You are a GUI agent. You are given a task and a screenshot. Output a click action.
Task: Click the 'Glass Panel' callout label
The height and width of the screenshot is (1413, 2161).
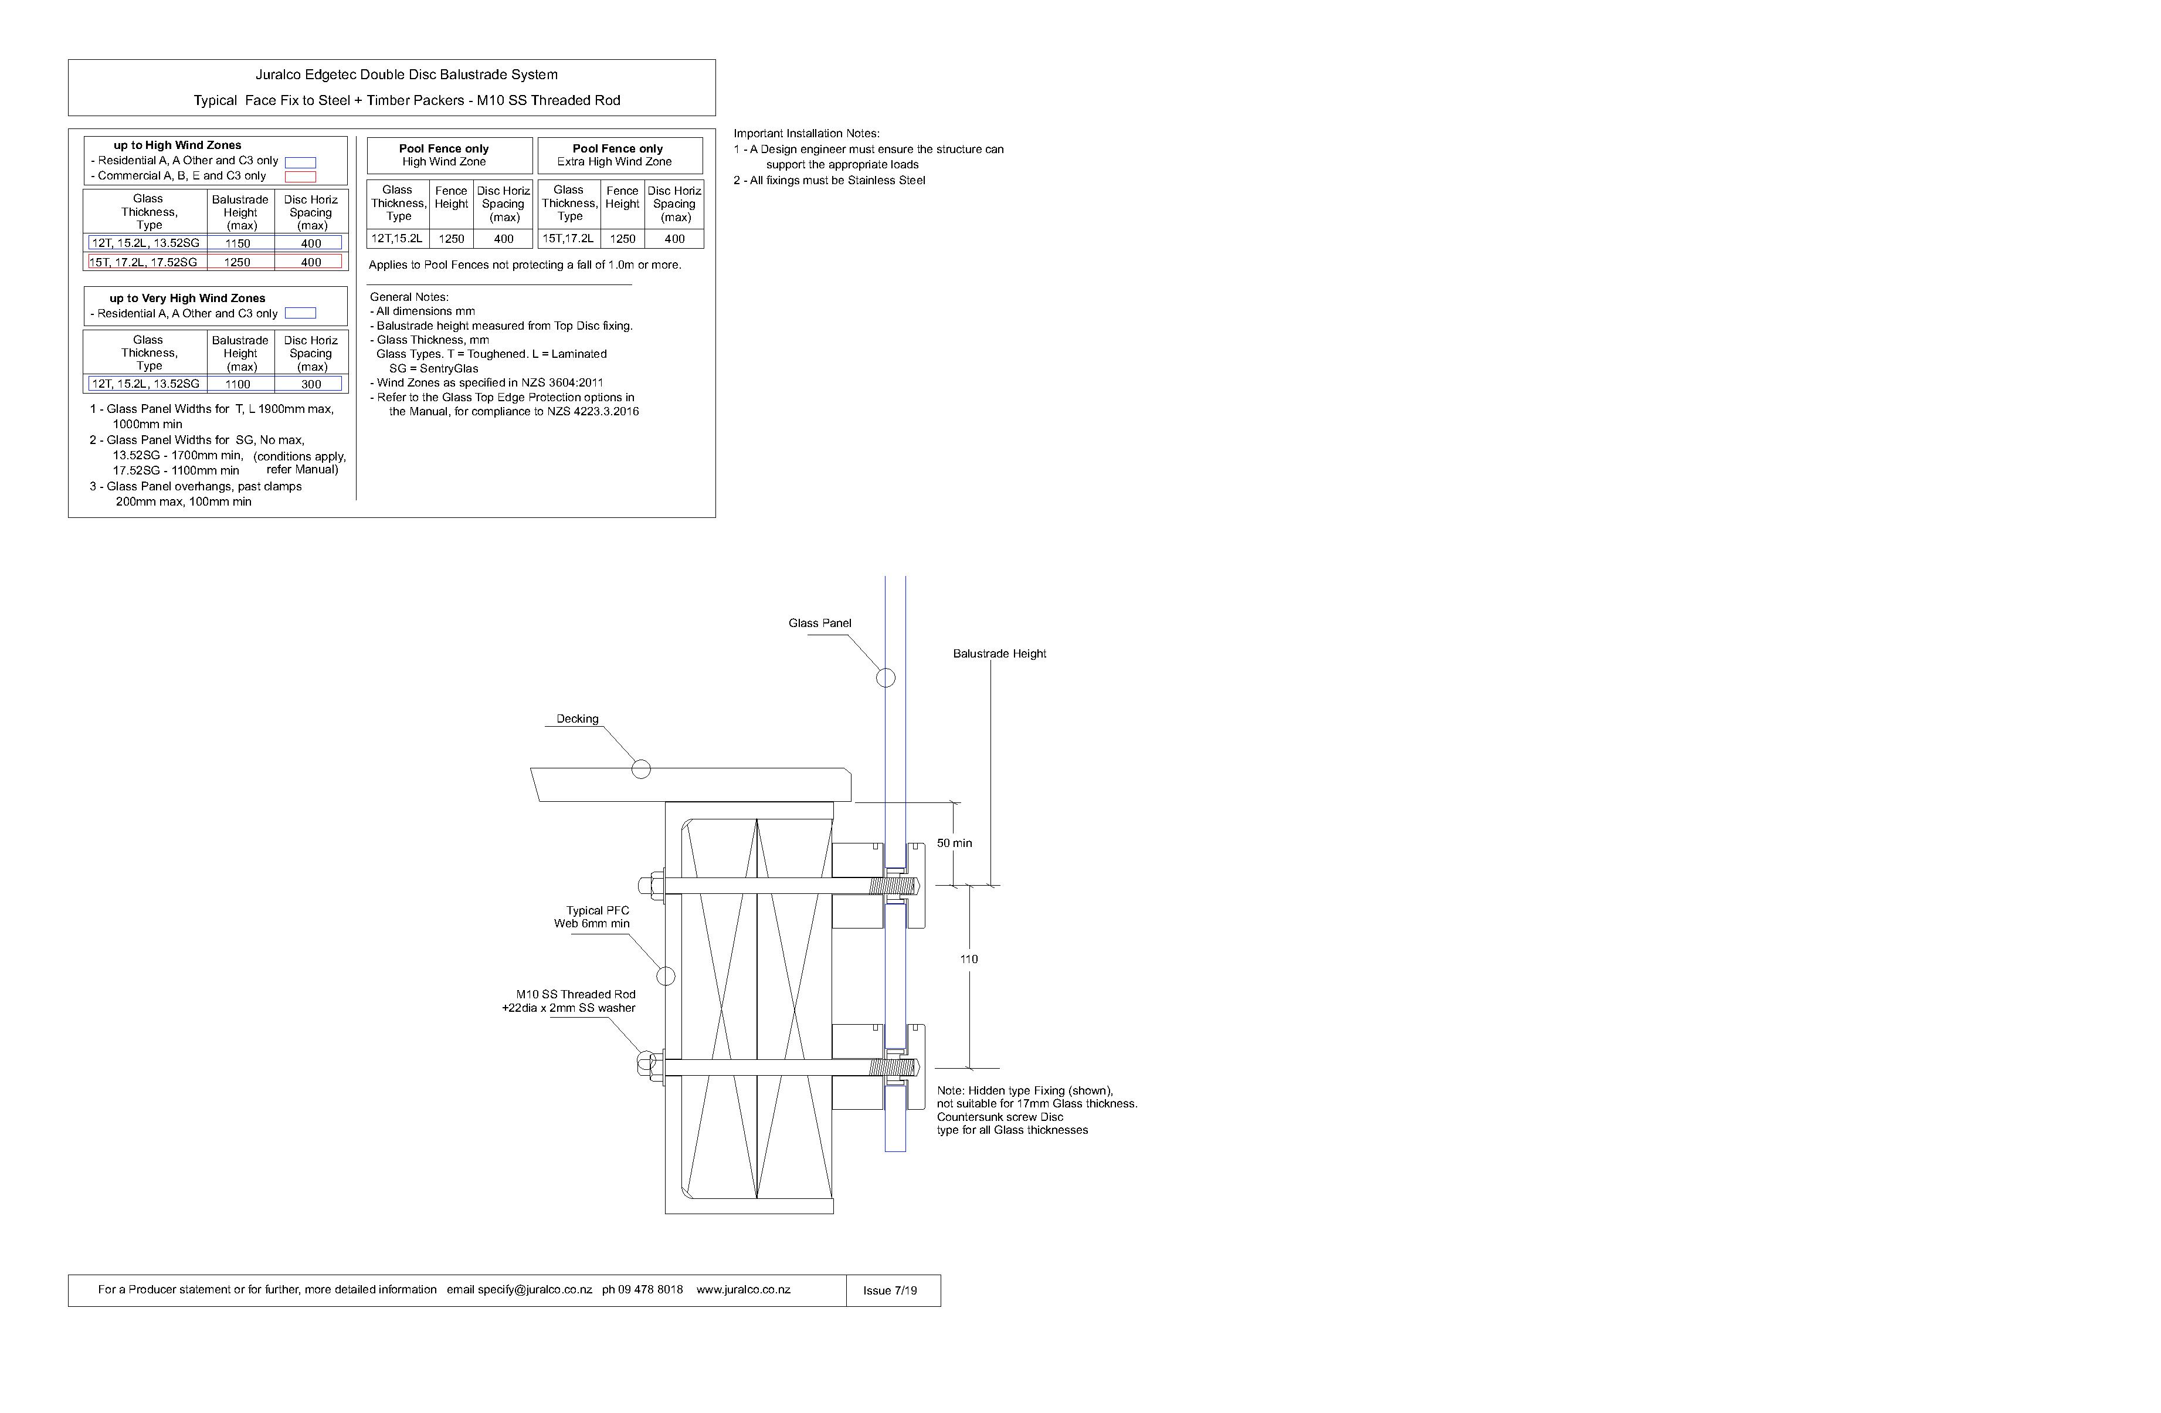819,623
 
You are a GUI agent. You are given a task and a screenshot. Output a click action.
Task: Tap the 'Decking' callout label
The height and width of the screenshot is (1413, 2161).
578,719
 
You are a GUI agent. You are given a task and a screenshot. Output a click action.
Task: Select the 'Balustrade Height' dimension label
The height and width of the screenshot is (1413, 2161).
999,654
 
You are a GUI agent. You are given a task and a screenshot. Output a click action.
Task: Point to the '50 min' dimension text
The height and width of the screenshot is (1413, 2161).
954,843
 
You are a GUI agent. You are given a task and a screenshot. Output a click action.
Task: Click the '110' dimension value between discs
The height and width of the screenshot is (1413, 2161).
969,959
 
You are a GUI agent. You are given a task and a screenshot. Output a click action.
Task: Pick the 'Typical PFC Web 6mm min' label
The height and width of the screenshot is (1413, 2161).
593,917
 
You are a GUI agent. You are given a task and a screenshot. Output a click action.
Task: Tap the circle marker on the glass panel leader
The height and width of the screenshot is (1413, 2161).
886,677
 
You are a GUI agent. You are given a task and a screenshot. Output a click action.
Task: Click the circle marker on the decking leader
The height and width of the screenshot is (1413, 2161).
641,769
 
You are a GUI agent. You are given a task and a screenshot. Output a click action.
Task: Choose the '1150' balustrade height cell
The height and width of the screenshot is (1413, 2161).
238,243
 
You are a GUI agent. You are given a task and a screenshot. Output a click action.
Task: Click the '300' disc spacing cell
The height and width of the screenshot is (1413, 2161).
311,384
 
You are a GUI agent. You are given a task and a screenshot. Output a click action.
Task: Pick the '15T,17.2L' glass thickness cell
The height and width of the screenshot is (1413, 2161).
568,239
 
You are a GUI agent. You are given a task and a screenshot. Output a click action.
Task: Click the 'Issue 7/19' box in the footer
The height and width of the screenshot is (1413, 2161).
891,1290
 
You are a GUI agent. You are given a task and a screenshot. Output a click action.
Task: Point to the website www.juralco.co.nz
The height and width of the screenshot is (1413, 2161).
743,1289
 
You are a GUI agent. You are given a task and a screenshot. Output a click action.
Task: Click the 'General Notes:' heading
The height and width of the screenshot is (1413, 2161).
409,297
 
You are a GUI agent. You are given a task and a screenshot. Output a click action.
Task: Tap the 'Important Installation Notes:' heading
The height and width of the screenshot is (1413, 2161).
806,134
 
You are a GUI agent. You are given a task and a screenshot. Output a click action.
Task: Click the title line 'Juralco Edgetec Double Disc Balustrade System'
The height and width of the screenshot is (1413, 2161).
407,74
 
